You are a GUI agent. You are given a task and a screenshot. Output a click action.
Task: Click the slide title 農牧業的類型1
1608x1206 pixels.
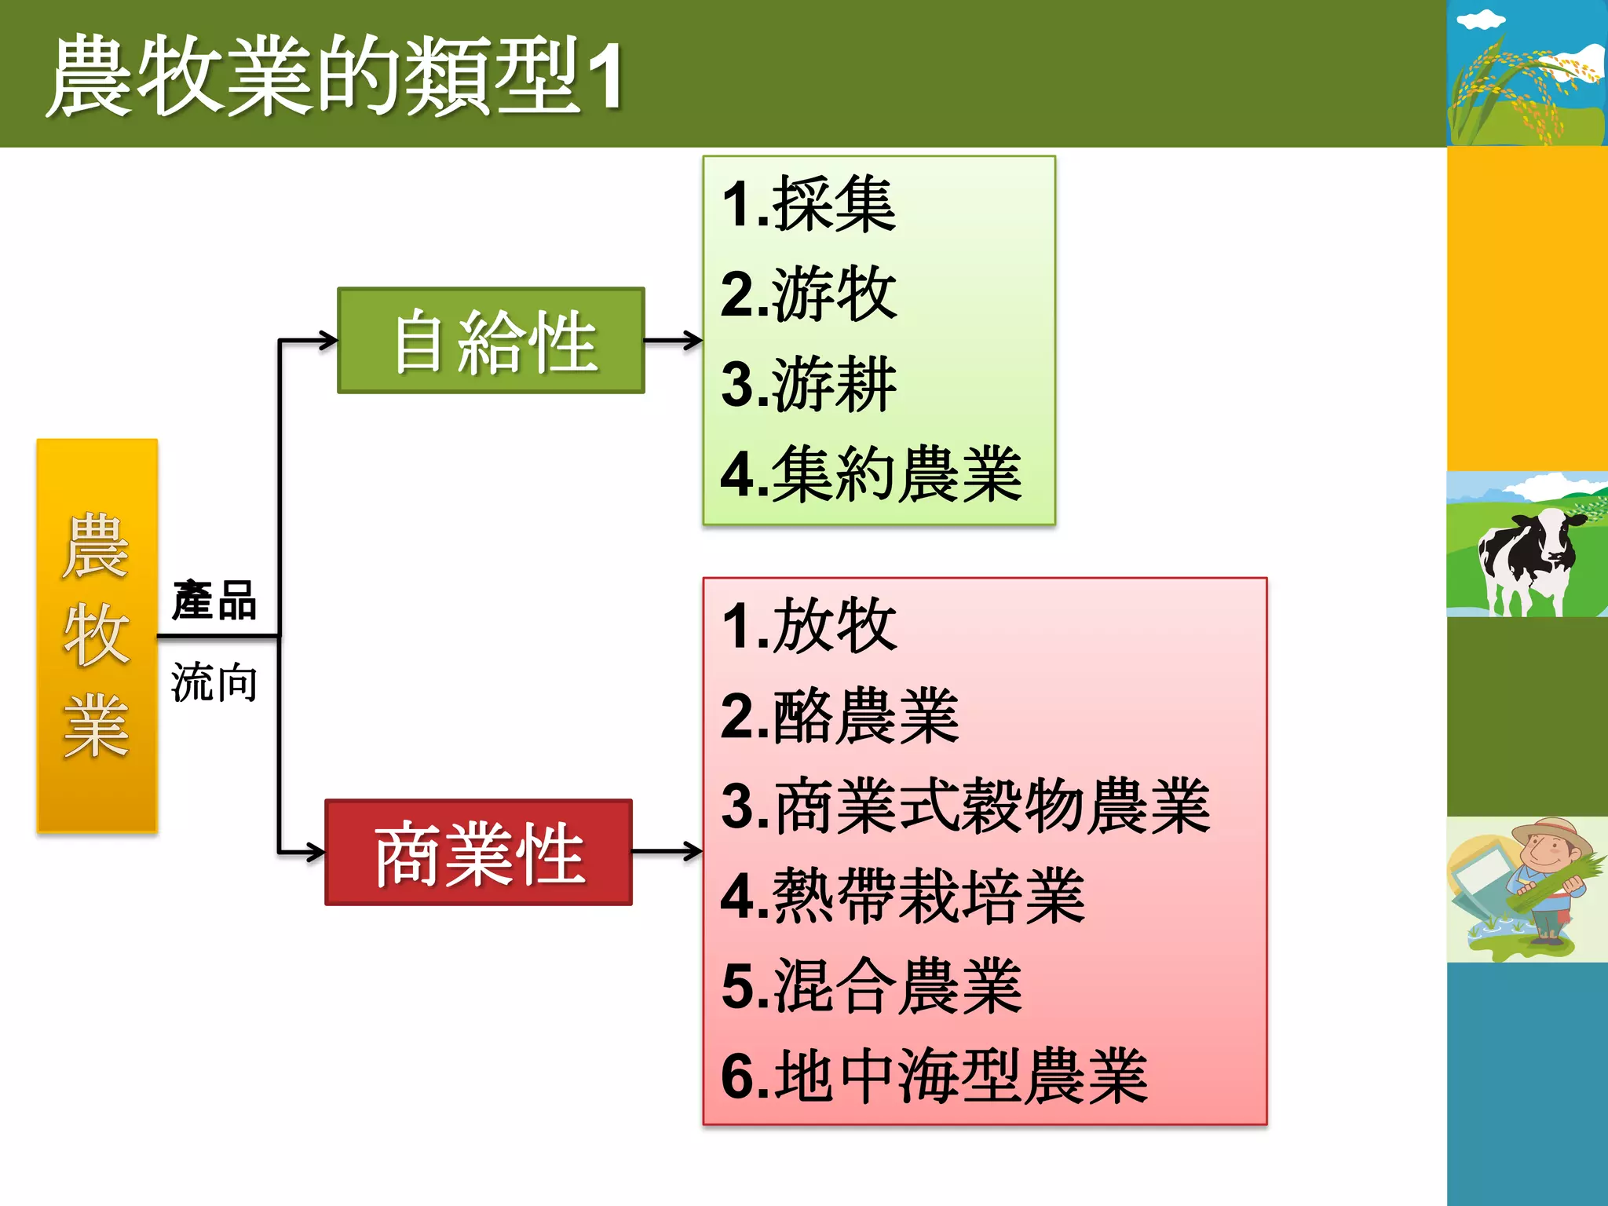pos(336,76)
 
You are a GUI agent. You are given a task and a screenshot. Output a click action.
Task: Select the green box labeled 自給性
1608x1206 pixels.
pos(491,340)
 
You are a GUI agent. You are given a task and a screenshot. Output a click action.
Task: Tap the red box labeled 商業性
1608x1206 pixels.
pos(478,852)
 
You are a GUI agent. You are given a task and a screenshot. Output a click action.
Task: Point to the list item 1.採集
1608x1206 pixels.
pos(809,204)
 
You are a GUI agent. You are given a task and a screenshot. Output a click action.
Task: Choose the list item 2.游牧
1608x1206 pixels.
pos(809,294)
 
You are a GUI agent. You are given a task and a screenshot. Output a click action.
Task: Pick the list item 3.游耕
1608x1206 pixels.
pos(809,384)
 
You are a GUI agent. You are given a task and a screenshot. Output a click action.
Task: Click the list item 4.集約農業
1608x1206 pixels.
pos(872,474)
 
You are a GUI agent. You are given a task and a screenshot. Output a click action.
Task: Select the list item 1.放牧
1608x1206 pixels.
pos(809,626)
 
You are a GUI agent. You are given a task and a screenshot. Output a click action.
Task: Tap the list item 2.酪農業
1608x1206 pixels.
pos(840,716)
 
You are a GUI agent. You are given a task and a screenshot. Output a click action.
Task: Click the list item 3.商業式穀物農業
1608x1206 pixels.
pos(966,806)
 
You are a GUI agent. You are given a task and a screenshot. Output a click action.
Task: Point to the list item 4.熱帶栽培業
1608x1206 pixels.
pos(903,896)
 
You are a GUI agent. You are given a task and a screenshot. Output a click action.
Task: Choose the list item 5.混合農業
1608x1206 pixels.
pos(872,986)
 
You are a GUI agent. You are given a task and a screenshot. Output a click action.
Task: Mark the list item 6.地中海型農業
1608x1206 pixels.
pos(934,1076)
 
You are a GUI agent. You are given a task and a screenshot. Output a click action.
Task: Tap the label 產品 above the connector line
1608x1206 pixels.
pos(214,601)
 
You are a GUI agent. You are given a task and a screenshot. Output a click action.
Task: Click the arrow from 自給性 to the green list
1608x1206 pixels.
pos(673,340)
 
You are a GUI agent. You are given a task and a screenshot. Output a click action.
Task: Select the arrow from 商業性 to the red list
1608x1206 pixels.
pos(667,851)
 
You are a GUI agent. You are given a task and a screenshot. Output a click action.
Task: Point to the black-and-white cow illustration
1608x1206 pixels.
pos(1526,557)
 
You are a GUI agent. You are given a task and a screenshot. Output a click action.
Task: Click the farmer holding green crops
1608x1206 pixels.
pos(1543,883)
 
